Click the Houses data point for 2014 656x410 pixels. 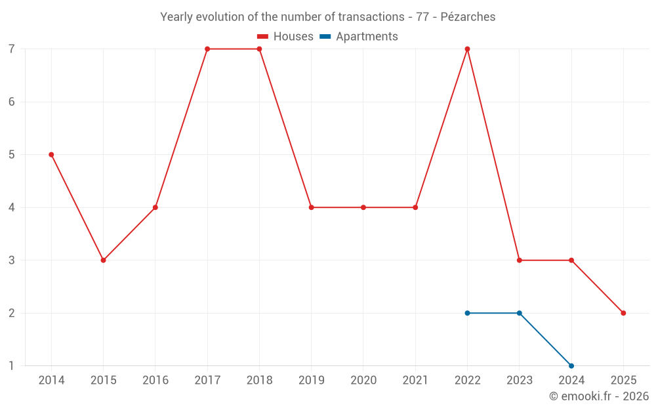tap(51, 155)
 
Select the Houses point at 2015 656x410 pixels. tap(103, 260)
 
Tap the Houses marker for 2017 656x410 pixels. tap(207, 49)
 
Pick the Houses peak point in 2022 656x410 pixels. tap(467, 49)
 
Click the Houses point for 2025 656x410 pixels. tap(623, 313)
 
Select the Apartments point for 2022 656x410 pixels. tap(467, 313)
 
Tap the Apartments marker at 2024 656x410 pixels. tap(571, 365)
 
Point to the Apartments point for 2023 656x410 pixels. tap(520, 313)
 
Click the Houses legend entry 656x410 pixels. tap(285, 37)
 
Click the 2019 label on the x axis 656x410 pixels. tap(311, 380)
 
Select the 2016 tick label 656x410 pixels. tap(155, 380)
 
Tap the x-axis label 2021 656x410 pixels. tap(415, 380)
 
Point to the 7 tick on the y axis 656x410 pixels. tap(12, 49)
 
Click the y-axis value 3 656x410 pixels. tap(12, 260)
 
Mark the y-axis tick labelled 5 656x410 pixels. tap(12, 155)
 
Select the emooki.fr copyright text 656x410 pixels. tap(599, 396)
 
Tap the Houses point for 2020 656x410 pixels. tap(363, 207)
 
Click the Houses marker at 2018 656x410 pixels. tap(259, 49)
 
